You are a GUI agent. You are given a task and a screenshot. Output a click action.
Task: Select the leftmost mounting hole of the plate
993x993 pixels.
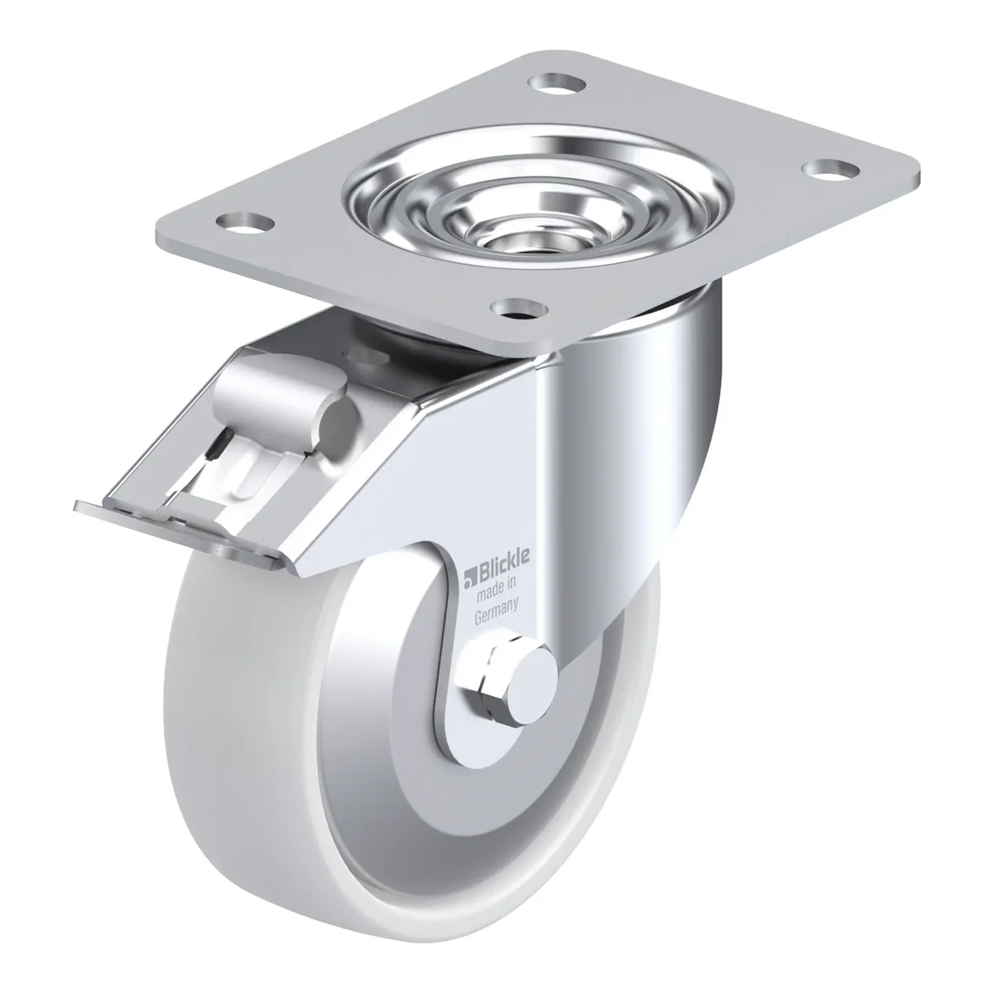(245, 222)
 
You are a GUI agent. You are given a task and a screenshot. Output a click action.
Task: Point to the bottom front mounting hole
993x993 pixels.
(519, 309)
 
